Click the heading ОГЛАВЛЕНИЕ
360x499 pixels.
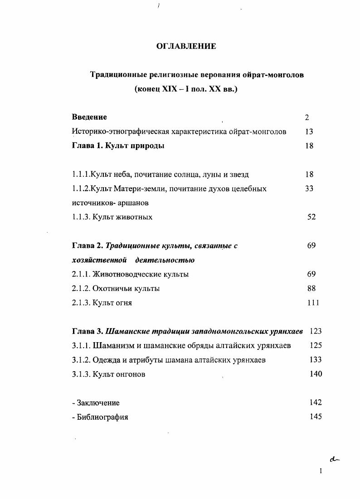(186, 46)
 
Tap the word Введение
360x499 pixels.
(89, 117)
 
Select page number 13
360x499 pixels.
(309, 131)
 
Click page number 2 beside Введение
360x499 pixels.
(307, 117)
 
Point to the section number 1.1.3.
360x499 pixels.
(81, 217)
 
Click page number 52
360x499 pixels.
(311, 217)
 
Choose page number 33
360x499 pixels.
(309, 189)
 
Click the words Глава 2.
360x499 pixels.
(88, 246)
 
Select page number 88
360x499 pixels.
(311, 288)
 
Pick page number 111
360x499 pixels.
(312, 303)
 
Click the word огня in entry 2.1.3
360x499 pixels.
(123, 303)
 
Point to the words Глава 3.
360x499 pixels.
(88, 331)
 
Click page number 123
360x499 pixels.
(316, 331)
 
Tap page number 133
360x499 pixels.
(316, 360)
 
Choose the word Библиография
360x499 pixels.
(102, 417)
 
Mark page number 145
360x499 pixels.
(316, 417)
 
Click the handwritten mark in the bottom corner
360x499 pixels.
(335, 459)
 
